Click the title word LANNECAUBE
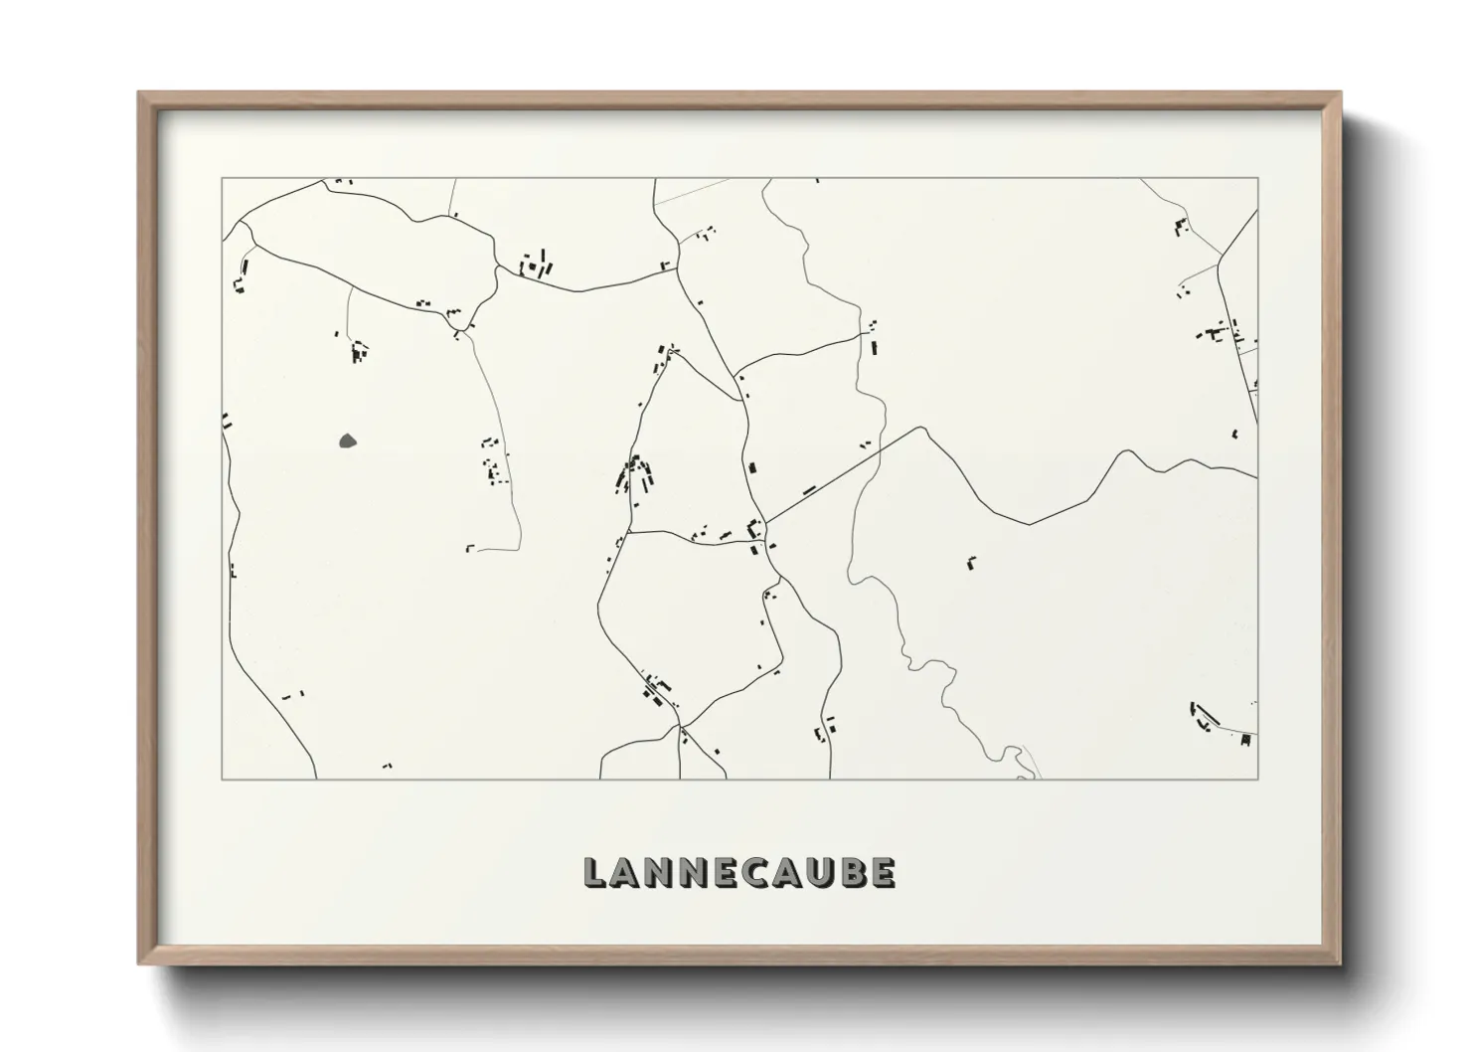tap(739, 872)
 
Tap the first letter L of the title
tap(594, 873)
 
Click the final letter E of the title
tap(883, 873)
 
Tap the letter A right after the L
tap(626, 873)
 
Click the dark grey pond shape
tap(348, 440)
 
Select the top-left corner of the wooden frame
tap(140, 93)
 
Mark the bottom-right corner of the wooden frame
tap(1339, 963)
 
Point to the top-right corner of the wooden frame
tap(1339, 93)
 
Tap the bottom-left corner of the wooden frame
tap(140, 963)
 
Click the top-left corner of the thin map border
tap(222, 178)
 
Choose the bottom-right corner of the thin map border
tap(1257, 779)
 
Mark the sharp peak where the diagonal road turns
tap(923, 429)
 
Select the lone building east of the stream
tap(971, 562)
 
